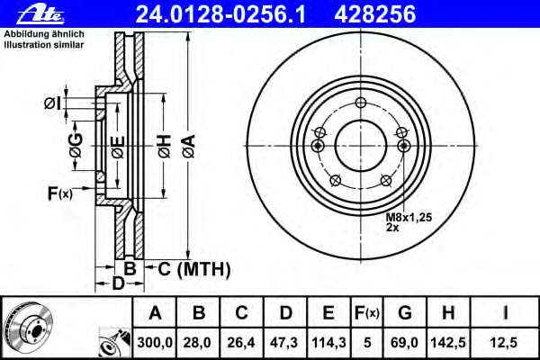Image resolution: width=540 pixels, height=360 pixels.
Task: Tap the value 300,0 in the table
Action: (x=155, y=342)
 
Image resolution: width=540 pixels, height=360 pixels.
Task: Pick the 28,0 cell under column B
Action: (x=199, y=342)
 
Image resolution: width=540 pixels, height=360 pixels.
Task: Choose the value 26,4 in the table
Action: (x=242, y=342)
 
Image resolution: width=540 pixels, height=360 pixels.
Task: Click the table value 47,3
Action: (x=285, y=342)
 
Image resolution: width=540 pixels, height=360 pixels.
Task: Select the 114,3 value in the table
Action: (x=328, y=342)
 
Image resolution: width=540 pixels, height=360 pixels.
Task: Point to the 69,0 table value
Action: (x=405, y=342)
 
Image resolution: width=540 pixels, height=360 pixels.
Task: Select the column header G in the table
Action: (x=405, y=313)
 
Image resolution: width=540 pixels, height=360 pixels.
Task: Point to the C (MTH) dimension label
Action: (x=194, y=268)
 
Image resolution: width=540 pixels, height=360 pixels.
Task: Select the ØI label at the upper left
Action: (x=51, y=103)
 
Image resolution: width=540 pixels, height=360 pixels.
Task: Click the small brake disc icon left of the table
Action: (x=27, y=326)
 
